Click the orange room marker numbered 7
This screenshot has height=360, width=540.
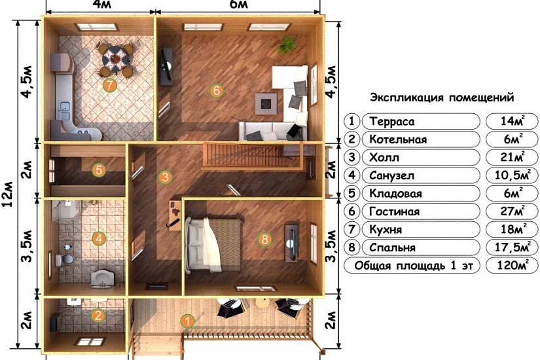(x=109, y=84)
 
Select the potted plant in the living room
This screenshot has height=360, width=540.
(x=287, y=44)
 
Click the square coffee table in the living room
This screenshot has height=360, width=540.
(x=266, y=103)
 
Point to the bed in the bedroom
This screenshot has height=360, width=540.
(x=213, y=245)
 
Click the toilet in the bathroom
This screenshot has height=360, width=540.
(x=64, y=259)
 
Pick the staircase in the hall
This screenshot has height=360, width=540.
(x=253, y=156)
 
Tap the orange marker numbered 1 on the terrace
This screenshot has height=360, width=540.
(x=187, y=321)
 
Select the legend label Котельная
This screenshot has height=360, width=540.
(x=398, y=139)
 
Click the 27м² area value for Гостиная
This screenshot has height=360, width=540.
(x=513, y=211)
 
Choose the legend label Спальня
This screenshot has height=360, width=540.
(x=392, y=247)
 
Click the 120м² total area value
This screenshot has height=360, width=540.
(x=513, y=265)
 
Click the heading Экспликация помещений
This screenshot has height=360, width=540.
(x=442, y=98)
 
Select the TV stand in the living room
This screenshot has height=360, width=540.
(x=166, y=67)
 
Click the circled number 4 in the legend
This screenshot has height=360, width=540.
(x=351, y=175)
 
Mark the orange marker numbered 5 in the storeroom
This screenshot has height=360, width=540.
(x=99, y=170)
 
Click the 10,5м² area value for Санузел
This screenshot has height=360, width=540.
(x=512, y=175)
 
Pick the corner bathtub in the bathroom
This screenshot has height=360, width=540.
(x=66, y=211)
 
